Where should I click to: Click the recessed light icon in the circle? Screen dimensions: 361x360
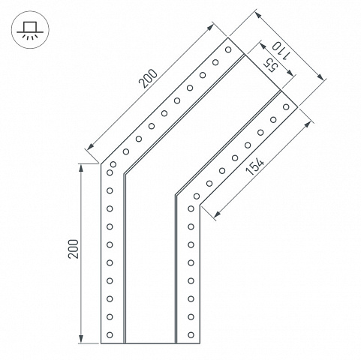(x=30, y=30)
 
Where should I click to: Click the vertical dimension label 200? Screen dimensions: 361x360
(x=74, y=249)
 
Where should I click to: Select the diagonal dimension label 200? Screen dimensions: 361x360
(x=149, y=79)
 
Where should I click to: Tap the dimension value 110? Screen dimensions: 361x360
(x=281, y=50)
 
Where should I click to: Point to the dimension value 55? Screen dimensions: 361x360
(x=271, y=65)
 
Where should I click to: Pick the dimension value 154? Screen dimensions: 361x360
(x=254, y=166)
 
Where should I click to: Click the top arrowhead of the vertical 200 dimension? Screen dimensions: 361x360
(x=81, y=168)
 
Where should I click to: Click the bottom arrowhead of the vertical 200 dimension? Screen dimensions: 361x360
(x=81, y=339)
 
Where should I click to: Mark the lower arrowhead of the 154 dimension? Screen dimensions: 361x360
(x=217, y=214)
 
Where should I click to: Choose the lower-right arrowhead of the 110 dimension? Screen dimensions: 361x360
(x=320, y=77)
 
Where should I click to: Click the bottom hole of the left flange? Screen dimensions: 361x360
(x=110, y=334)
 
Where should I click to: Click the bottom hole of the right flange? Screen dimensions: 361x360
(x=191, y=334)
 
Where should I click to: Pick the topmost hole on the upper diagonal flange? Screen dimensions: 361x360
(x=228, y=49)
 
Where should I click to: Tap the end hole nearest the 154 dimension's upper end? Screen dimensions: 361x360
(x=286, y=107)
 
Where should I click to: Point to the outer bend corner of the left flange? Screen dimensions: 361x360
(x=101, y=164)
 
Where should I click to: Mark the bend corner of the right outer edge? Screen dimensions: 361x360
(x=200, y=205)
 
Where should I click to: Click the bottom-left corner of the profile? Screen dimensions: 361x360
(x=101, y=343)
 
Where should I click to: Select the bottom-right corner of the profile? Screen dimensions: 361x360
(x=200, y=343)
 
